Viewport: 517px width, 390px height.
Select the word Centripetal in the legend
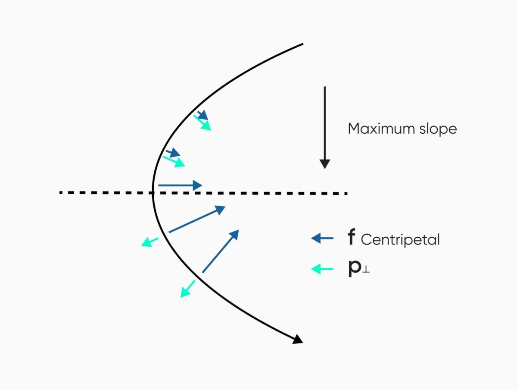400,239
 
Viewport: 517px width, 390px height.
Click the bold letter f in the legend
352,238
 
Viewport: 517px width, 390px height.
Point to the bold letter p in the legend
354,269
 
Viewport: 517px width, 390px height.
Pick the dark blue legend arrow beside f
322,238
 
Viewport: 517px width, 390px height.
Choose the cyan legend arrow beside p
322,269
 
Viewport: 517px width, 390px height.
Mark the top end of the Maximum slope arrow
325,87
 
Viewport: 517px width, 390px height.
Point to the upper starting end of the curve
303,44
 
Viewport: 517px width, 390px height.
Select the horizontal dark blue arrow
180,186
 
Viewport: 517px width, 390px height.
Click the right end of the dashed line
346,193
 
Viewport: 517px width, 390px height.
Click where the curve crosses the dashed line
153,192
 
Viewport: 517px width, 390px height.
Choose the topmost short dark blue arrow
202,115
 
